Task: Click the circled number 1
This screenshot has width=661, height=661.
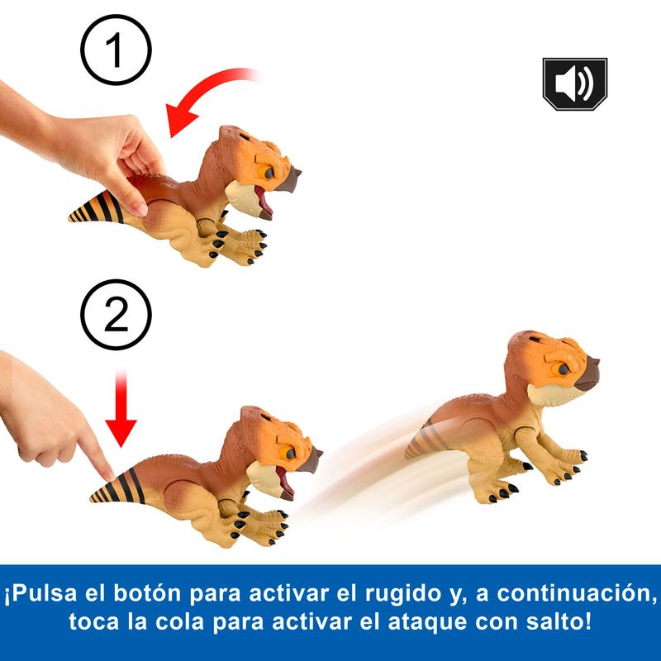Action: pyautogui.click(x=116, y=50)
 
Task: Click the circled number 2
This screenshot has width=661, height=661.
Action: pyautogui.click(x=116, y=315)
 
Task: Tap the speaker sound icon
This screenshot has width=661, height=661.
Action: pyautogui.click(x=574, y=84)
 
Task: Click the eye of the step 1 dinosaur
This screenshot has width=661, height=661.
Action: pyautogui.click(x=269, y=173)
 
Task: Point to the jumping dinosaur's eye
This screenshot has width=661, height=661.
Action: pyautogui.click(x=564, y=369)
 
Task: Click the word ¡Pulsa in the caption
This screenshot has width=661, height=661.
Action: pyautogui.click(x=40, y=593)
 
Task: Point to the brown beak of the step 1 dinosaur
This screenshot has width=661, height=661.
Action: pyautogui.click(x=292, y=177)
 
